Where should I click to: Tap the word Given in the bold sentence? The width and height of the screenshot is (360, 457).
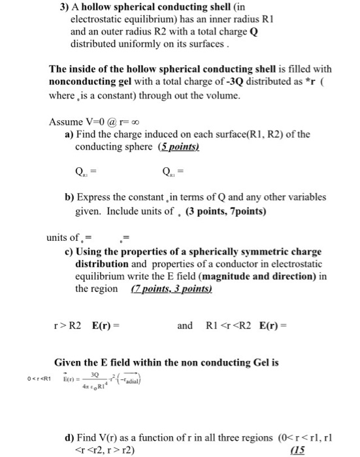70,363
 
